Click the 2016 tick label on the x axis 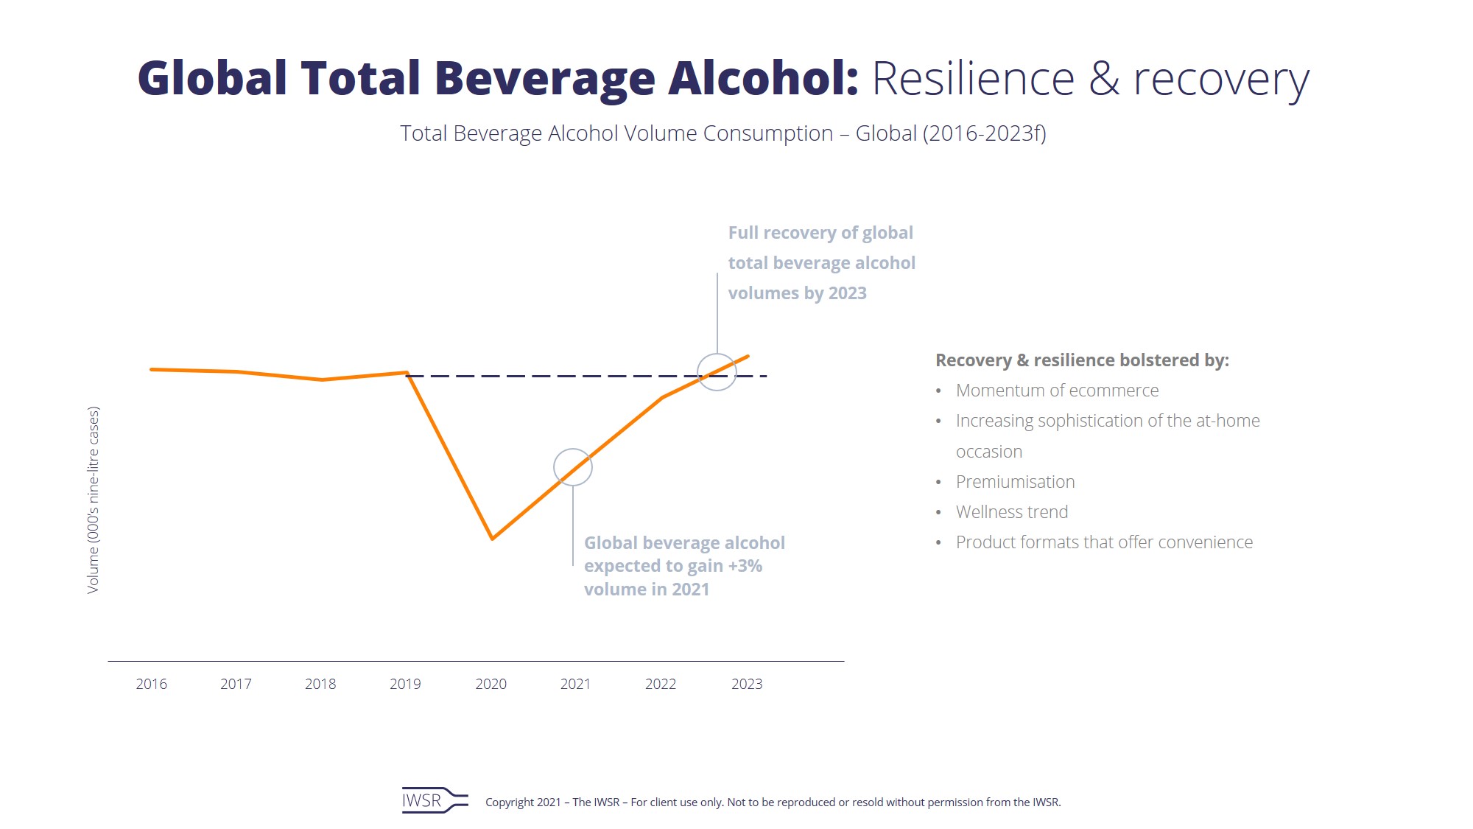[x=152, y=684]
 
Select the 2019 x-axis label [x=405, y=684]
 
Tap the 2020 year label [x=491, y=684]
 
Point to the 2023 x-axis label [x=747, y=684]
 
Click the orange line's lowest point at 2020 [x=492, y=539]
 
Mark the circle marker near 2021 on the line [x=573, y=467]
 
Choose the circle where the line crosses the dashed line [x=717, y=372]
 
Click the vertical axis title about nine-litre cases [x=93, y=500]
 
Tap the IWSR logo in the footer [x=434, y=800]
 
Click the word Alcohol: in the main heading [x=763, y=78]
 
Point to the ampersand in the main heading [x=1104, y=78]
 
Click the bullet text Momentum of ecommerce [x=1057, y=391]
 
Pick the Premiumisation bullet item [x=1015, y=482]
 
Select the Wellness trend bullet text [x=1011, y=512]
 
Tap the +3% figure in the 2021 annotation [x=745, y=566]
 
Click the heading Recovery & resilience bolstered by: [x=1082, y=360]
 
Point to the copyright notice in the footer [x=773, y=802]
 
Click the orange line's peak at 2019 [x=407, y=372]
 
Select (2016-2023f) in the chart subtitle [x=984, y=133]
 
